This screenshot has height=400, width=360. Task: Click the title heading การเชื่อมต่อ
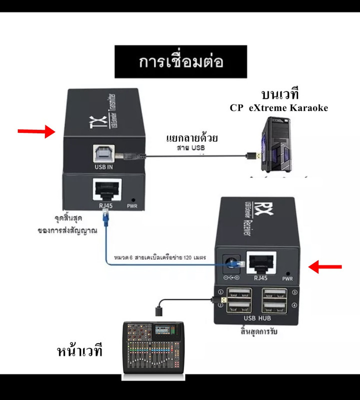pos(180,61)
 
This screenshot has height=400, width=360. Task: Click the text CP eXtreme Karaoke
pos(279,107)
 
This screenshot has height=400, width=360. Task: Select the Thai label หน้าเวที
pos(79,350)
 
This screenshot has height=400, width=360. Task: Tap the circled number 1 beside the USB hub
pos(220,292)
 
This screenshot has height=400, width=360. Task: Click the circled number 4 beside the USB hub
pos(294,305)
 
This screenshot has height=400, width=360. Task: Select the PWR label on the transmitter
pos(132,205)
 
